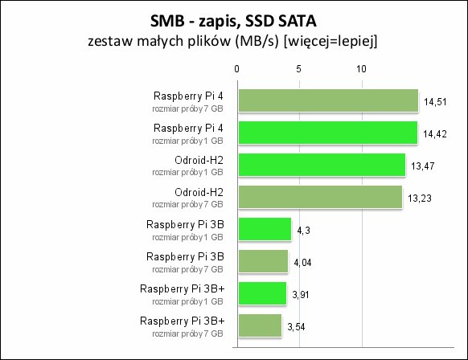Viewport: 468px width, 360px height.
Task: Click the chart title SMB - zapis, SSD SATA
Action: tap(233, 21)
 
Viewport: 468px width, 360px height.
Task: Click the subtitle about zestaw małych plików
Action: tap(233, 41)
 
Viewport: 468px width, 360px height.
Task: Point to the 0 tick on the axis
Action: tap(236, 69)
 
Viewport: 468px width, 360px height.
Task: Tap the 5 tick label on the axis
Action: tap(299, 69)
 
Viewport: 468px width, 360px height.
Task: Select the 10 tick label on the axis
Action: tap(361, 69)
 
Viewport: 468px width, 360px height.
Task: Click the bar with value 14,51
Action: tap(328, 100)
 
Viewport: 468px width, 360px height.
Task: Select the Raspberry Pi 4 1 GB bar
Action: tap(328, 133)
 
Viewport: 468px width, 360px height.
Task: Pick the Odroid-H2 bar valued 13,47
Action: tap(322, 165)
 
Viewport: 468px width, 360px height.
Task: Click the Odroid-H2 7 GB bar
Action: tap(320, 197)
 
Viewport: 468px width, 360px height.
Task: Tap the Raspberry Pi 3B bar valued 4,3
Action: tap(265, 229)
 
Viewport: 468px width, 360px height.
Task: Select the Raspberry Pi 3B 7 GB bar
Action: tap(263, 261)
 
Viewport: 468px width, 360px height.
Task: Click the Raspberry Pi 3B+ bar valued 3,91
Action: tap(262, 293)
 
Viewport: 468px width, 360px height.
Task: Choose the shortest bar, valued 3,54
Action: tap(260, 325)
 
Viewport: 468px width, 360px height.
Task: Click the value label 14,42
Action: tap(435, 134)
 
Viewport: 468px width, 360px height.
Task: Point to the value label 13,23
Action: tap(420, 198)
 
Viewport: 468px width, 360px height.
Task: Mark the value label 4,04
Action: tap(302, 263)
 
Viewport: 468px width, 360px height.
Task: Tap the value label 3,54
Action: tap(296, 327)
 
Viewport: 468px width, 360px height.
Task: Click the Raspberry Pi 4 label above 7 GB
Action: tap(188, 96)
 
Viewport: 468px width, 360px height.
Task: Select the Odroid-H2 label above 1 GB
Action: tap(199, 160)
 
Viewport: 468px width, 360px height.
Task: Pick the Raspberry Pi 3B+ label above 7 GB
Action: tap(182, 321)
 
